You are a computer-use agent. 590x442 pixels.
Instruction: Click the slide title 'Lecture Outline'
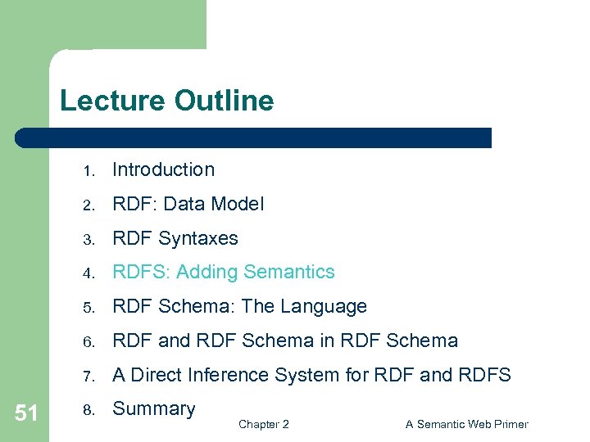tap(166, 101)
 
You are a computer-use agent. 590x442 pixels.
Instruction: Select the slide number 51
tap(26, 413)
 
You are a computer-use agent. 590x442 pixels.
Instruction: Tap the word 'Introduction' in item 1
tap(163, 169)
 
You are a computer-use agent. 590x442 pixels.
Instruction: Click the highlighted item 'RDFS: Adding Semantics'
tap(223, 272)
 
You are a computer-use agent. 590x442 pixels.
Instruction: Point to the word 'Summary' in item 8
tap(153, 408)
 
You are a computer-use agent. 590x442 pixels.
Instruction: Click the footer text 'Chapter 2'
tap(263, 424)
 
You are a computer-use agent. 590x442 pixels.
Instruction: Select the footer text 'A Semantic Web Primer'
tap(466, 424)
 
